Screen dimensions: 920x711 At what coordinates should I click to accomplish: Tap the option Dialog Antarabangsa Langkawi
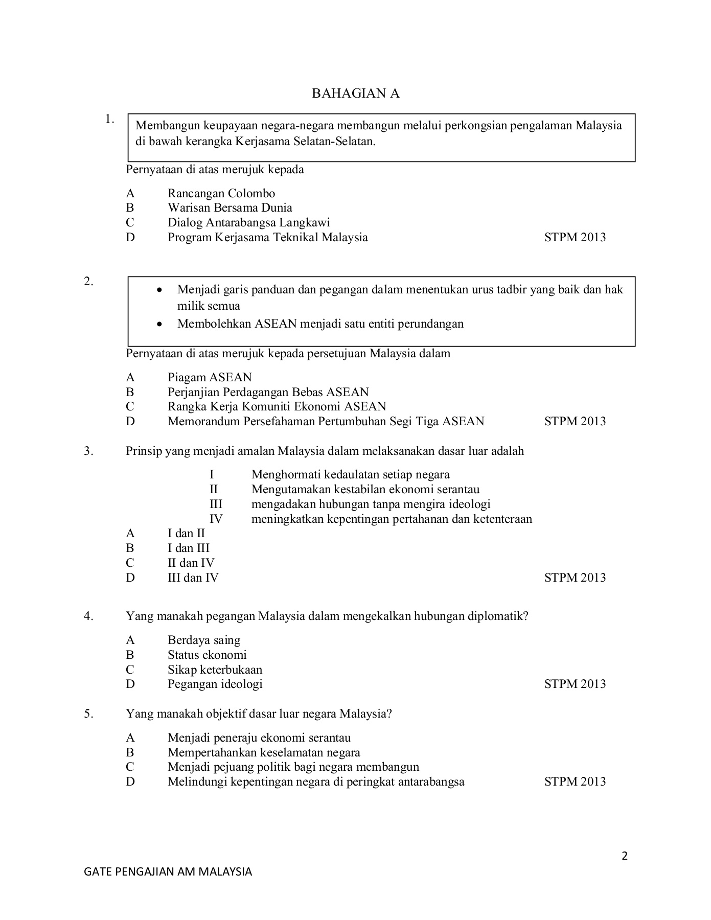[x=248, y=222]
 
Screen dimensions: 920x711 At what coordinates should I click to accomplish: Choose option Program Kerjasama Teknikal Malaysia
[x=267, y=237]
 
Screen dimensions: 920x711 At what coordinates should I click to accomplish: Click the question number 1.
[x=109, y=120]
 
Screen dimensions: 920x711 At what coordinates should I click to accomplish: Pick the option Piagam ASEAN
[x=210, y=377]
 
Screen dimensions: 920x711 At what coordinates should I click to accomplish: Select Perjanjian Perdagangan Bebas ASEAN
[x=268, y=392]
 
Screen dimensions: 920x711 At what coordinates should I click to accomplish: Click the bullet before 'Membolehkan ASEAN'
[x=160, y=324]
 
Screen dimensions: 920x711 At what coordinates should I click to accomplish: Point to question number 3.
[x=89, y=451]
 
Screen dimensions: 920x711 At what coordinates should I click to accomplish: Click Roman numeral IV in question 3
[x=216, y=519]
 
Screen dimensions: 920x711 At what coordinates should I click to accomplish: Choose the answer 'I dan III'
[x=188, y=548]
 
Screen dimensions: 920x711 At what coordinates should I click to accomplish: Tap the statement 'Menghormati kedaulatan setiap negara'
[x=350, y=474]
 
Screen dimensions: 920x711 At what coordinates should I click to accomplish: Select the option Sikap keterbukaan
[x=215, y=670]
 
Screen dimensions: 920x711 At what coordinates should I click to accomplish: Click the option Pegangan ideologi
[x=215, y=684]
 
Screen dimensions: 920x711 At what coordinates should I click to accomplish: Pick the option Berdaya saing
[x=203, y=640]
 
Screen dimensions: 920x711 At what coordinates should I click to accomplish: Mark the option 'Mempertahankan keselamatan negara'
[x=264, y=752]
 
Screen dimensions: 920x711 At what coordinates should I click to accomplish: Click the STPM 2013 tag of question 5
[x=575, y=781]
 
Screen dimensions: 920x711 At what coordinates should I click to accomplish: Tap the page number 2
[x=624, y=856]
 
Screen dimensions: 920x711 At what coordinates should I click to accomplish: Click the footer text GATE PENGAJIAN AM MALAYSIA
[x=168, y=871]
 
